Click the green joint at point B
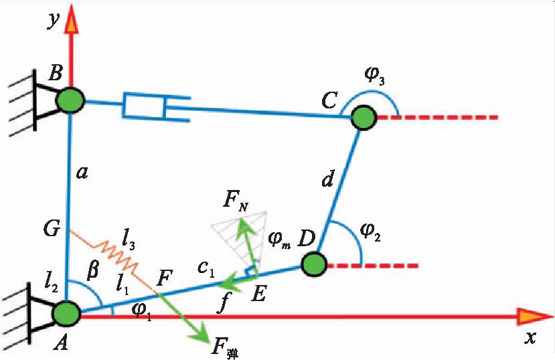pyautogui.click(x=70, y=101)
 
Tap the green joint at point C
pyautogui.click(x=363, y=118)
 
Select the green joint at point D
pyautogui.click(x=313, y=264)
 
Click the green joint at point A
pyautogui.click(x=67, y=312)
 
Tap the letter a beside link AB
pyautogui.click(x=82, y=173)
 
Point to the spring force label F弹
pyautogui.click(x=224, y=347)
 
